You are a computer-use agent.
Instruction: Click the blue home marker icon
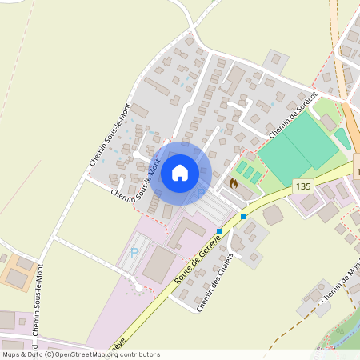point(180,172)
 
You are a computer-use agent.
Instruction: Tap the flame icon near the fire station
point(234,183)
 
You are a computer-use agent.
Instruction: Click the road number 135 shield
point(302,186)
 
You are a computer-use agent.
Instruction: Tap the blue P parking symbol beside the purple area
point(134,253)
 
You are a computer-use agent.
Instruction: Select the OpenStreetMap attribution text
point(80,354)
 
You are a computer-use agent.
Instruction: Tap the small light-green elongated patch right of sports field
point(342,138)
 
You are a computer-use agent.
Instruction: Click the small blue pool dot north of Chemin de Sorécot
point(273,103)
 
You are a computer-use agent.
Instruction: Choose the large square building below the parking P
point(161,263)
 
